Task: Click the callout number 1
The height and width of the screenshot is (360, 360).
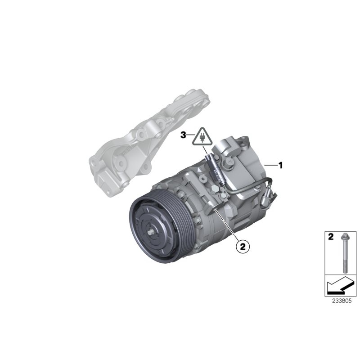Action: tap(281, 166)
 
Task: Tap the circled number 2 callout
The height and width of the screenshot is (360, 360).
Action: tap(242, 246)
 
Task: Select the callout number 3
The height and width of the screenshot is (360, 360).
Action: tap(183, 135)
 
